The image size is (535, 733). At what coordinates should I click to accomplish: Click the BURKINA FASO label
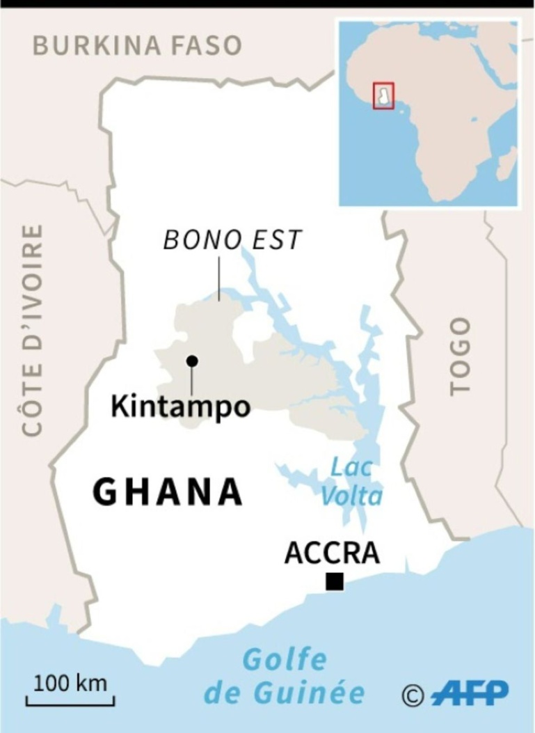[x=137, y=46]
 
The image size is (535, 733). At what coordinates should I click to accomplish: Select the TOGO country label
[x=460, y=356]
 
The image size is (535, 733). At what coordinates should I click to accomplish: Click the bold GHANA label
[x=168, y=493]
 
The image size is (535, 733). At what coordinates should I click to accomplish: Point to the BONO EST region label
[x=232, y=240]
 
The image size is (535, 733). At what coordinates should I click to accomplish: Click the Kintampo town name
[x=180, y=407]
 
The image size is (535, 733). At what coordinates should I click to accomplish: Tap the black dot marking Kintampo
[x=191, y=361]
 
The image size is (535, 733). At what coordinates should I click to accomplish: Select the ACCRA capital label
[x=332, y=553]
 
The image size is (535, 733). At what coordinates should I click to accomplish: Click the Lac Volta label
[x=356, y=482]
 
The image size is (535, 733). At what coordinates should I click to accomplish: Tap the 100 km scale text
[x=70, y=683]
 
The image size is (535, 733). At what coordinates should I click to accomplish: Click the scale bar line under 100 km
[x=70, y=703]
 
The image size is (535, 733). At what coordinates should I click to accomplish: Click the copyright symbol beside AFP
[x=413, y=695]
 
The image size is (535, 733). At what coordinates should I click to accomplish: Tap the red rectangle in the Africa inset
[x=383, y=96]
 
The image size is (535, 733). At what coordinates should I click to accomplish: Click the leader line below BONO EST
[x=218, y=278]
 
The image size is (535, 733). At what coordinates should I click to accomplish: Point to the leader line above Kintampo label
[x=191, y=380]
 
